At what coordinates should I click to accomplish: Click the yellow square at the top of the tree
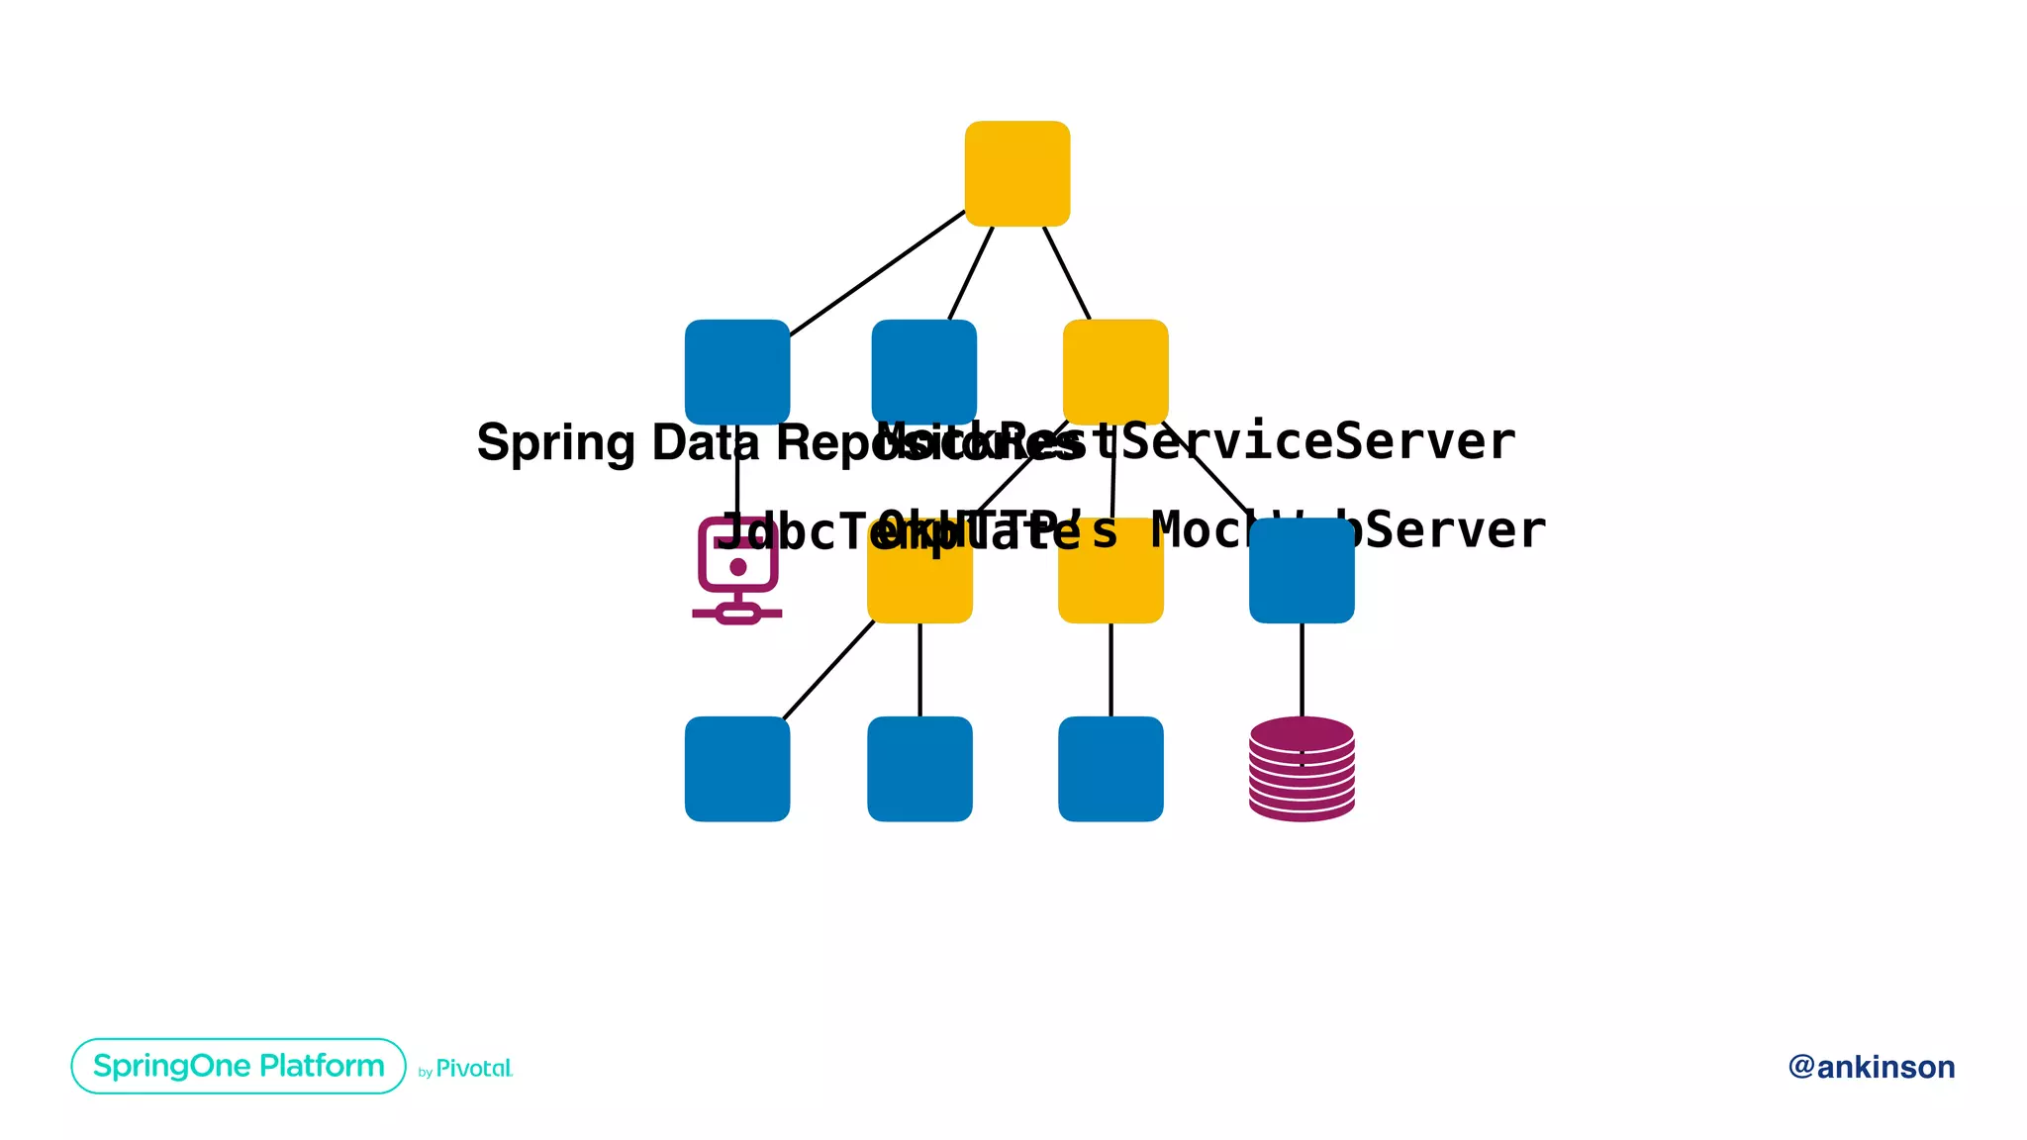(1016, 173)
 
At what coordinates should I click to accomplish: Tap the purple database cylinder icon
(1302, 769)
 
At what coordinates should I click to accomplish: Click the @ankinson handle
(1871, 1067)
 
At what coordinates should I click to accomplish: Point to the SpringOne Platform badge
(239, 1066)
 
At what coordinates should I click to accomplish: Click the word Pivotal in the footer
(474, 1069)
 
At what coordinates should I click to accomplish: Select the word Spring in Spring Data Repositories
(555, 442)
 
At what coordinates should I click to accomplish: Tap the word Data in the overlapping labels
(705, 442)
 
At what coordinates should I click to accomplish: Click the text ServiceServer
(1316, 440)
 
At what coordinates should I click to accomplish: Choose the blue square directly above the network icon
(737, 371)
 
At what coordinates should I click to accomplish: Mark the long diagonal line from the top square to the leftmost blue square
(876, 273)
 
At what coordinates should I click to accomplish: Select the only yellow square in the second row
(1115, 371)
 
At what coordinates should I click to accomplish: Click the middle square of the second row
(923, 371)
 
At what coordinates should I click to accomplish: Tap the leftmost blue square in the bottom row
(737, 769)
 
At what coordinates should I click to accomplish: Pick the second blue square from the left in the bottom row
(919, 769)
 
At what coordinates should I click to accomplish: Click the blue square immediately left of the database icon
(1110, 769)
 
